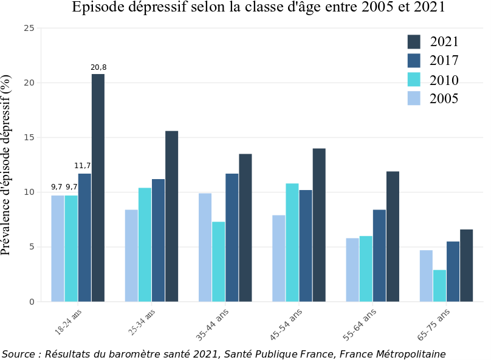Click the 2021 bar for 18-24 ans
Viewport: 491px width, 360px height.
click(x=98, y=188)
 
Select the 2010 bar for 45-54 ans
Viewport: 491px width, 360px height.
click(x=292, y=242)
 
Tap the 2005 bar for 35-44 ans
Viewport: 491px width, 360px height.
click(x=205, y=247)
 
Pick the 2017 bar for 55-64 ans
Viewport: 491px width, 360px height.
click(x=379, y=256)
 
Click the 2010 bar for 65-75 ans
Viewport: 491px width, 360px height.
click(x=439, y=285)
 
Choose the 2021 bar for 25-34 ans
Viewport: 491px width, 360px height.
click(x=171, y=216)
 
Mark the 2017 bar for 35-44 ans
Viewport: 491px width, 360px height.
click(x=232, y=237)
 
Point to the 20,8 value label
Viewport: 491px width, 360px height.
click(x=98, y=67)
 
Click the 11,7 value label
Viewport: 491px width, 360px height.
click(x=83, y=166)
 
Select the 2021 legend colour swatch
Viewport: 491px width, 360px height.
click(x=414, y=41)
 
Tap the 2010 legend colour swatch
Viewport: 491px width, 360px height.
click(x=414, y=80)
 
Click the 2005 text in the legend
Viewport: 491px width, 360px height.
click(x=444, y=98)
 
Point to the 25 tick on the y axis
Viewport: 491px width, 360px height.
click(x=29, y=29)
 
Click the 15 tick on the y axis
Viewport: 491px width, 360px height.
click(x=29, y=138)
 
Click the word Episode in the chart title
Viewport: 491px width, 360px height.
click(x=97, y=8)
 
